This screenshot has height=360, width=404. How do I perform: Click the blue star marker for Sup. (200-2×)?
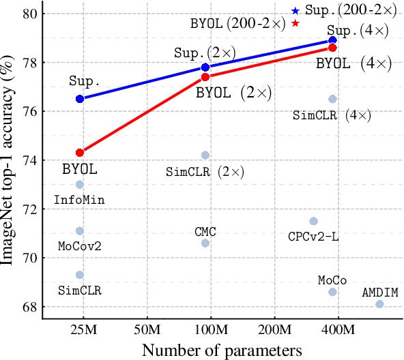tap(295, 11)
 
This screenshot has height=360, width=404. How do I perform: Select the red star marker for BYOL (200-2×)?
tap(295, 23)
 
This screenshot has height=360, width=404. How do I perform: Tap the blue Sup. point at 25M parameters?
tap(80, 99)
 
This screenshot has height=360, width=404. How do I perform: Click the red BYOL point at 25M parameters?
tap(80, 153)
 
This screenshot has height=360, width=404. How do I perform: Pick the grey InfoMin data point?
tap(80, 185)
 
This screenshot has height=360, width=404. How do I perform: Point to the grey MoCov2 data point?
tap(80, 231)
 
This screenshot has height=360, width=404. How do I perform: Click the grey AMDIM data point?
tap(379, 304)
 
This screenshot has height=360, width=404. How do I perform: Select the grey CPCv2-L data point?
tap(313, 221)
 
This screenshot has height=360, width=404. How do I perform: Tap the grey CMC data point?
tap(205, 243)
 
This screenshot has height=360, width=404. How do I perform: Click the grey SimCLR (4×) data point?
tap(332, 99)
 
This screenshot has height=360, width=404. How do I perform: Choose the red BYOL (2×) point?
tap(205, 76)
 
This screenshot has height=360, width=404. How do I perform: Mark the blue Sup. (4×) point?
tap(332, 40)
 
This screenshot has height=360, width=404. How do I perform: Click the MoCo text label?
tap(332, 280)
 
